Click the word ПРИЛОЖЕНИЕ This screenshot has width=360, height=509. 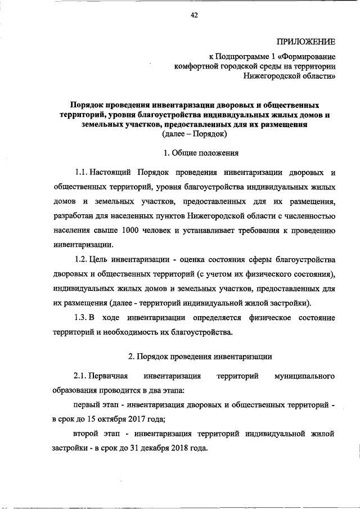(x=306, y=41)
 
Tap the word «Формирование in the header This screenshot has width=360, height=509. (x=309, y=57)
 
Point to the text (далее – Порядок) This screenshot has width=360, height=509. (x=194, y=135)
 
